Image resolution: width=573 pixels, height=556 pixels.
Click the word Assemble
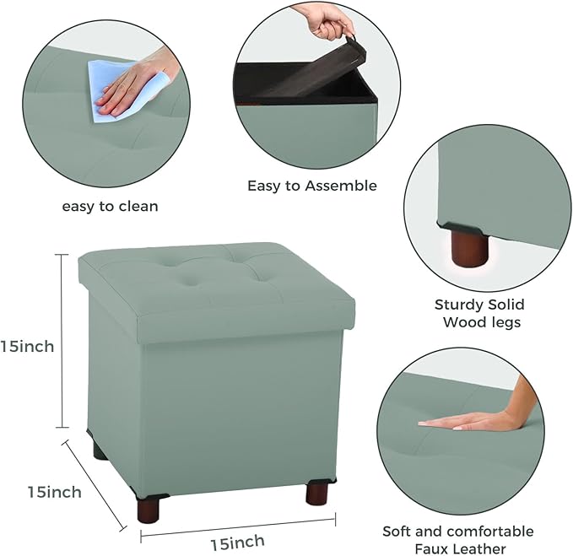pos(339,186)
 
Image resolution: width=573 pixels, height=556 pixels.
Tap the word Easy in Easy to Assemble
pos(264,186)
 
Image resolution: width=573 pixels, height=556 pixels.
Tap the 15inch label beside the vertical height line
pos(27,346)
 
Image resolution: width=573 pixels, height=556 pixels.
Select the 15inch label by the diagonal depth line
pos(54,492)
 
